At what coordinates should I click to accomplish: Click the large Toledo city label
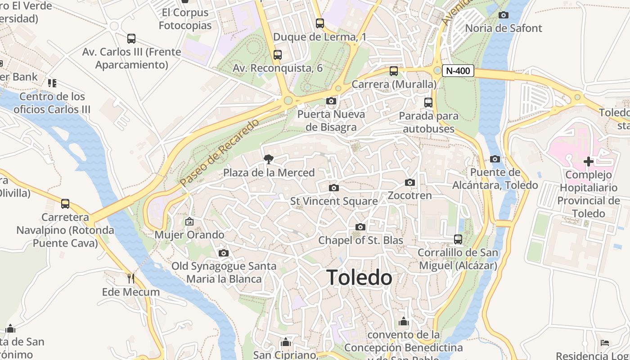(359, 277)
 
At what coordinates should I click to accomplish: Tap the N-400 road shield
(458, 71)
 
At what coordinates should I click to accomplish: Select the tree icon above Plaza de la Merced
(269, 159)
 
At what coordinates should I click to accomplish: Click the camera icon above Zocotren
(409, 182)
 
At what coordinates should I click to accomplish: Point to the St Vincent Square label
(334, 201)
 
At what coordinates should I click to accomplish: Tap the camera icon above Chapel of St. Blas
(360, 227)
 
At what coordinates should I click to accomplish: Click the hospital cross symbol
(588, 161)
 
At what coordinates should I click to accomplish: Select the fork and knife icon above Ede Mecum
(131, 278)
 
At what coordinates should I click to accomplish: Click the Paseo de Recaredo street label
(220, 153)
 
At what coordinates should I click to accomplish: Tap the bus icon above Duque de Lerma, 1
(320, 23)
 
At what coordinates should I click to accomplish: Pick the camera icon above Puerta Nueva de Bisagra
(331, 101)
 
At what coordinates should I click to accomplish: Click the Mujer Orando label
(189, 235)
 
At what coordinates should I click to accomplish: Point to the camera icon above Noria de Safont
(504, 15)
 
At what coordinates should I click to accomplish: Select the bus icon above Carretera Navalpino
(65, 204)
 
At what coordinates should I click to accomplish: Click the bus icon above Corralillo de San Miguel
(458, 239)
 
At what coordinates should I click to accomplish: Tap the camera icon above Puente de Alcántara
(495, 159)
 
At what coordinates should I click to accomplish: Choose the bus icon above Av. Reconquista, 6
(278, 55)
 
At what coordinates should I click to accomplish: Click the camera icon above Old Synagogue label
(224, 253)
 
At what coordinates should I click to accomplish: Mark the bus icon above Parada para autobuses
(428, 103)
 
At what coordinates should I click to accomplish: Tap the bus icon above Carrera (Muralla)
(394, 71)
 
